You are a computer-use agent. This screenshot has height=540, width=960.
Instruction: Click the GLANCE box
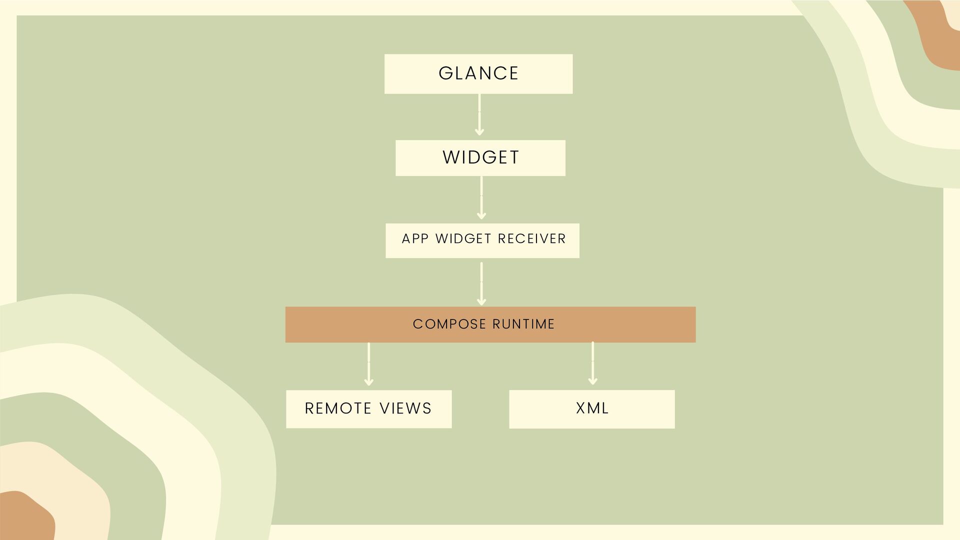coord(478,73)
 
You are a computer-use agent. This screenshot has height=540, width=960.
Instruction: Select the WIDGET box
coord(480,157)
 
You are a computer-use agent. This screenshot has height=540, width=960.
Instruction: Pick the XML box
coord(591,408)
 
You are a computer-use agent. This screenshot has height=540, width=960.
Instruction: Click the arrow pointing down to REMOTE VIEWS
coord(368,364)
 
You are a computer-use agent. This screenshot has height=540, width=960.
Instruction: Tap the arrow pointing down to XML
coord(592,363)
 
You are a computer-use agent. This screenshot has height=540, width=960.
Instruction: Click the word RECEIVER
coord(531,239)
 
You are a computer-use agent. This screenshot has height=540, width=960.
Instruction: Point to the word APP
coord(415,239)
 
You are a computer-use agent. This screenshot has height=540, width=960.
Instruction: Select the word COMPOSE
coord(449,324)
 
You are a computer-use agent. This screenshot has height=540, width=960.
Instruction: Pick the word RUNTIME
coord(523,324)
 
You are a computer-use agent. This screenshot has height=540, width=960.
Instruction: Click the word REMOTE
coord(337,408)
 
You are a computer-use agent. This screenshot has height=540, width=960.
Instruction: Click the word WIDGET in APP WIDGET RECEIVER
coord(463,239)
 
